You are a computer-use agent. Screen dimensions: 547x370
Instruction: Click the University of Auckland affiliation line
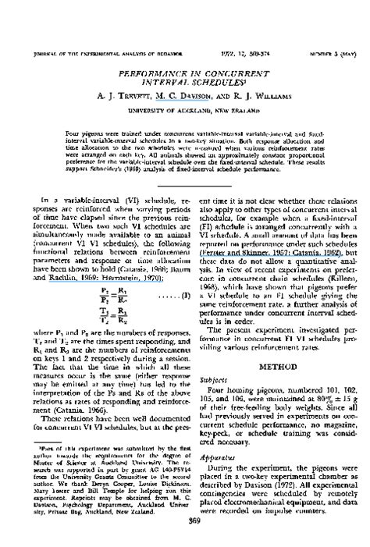coord(186,111)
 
